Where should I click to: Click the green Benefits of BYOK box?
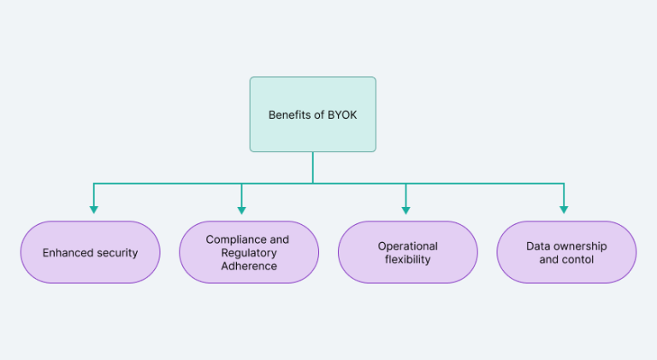click(312, 114)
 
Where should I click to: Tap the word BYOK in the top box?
click(341, 115)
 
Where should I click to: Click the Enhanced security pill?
click(90, 252)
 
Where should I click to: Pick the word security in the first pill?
click(116, 253)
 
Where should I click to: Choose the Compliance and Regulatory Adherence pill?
click(248, 252)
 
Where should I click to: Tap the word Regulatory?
click(248, 253)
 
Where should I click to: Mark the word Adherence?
click(248, 266)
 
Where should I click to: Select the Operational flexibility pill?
click(408, 252)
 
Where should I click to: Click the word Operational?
click(408, 246)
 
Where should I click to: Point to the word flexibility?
click(408, 259)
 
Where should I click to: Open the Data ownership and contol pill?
click(566, 252)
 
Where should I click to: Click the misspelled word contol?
click(577, 259)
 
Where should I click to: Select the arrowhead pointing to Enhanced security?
click(93, 209)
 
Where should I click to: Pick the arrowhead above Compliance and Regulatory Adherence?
click(241, 209)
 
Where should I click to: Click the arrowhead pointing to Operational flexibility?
click(405, 209)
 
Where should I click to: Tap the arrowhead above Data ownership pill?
click(563, 209)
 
